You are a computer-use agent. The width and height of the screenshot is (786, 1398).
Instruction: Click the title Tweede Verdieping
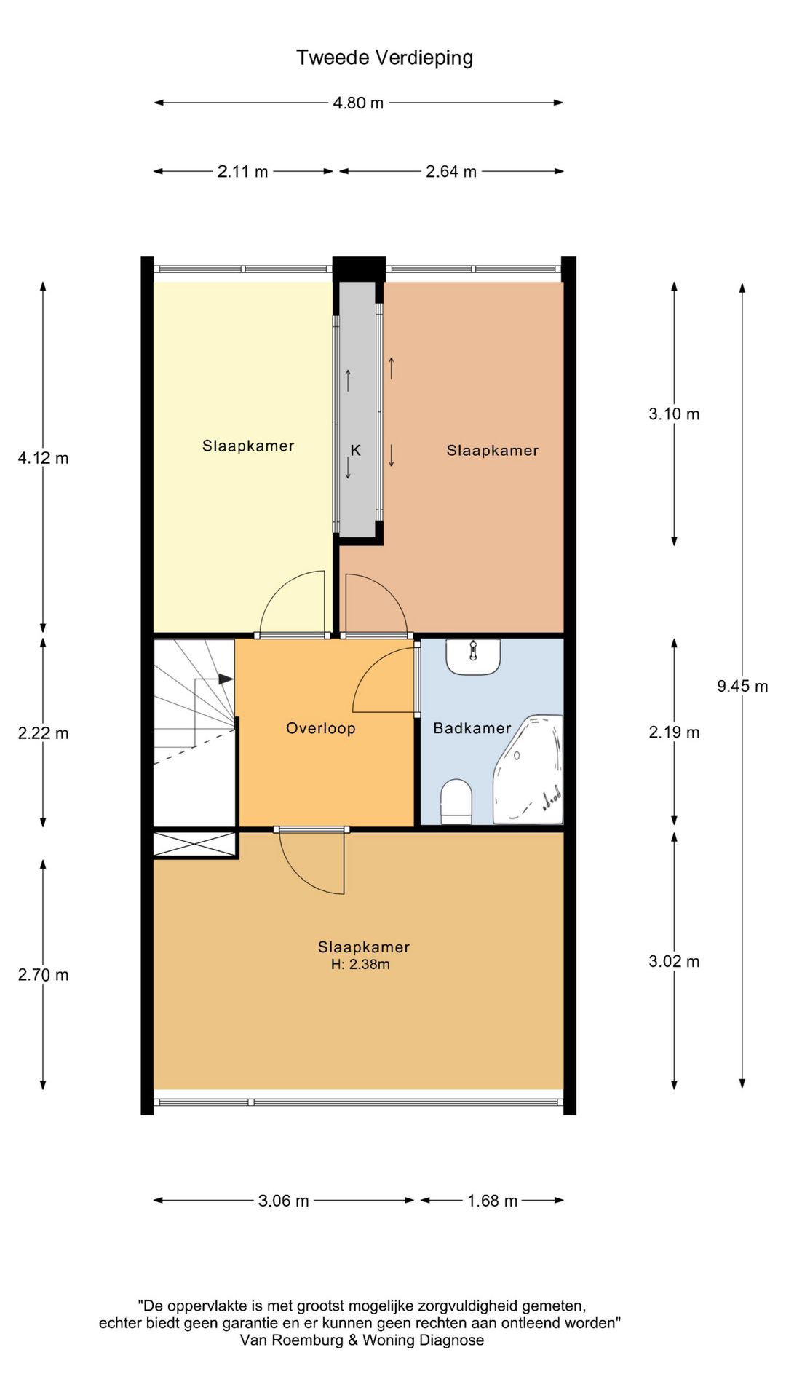(x=384, y=58)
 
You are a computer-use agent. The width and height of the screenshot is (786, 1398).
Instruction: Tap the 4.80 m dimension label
(x=358, y=103)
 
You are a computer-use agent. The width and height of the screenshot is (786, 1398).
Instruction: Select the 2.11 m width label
(x=243, y=171)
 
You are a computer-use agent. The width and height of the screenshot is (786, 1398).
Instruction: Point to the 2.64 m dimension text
(x=451, y=171)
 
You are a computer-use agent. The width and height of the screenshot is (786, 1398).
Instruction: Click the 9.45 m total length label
(x=742, y=686)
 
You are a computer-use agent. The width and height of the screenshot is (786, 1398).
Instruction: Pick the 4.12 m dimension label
(x=44, y=458)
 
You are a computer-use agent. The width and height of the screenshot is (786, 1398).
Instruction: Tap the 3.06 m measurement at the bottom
(x=284, y=1201)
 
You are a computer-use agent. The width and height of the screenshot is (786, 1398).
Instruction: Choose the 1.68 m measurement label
(x=493, y=1201)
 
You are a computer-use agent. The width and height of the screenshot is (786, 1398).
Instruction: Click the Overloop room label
(x=321, y=728)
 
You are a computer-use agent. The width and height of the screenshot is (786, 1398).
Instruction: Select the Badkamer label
(x=472, y=728)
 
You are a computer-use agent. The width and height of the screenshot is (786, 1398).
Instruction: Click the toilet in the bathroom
(x=456, y=802)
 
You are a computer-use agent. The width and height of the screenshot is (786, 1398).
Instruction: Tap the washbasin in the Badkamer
(x=473, y=657)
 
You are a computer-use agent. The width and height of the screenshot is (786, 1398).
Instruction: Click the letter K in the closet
(x=355, y=450)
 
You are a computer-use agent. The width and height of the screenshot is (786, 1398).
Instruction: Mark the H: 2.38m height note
(x=360, y=965)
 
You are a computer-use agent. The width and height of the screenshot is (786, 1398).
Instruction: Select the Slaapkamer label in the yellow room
(x=248, y=446)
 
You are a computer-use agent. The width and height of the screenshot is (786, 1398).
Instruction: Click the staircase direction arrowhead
(x=226, y=679)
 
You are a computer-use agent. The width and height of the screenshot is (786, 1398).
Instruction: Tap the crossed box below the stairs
(x=194, y=845)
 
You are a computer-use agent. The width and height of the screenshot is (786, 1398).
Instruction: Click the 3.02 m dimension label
(x=674, y=961)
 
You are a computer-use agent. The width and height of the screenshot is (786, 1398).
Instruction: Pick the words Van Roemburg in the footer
(x=292, y=1340)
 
